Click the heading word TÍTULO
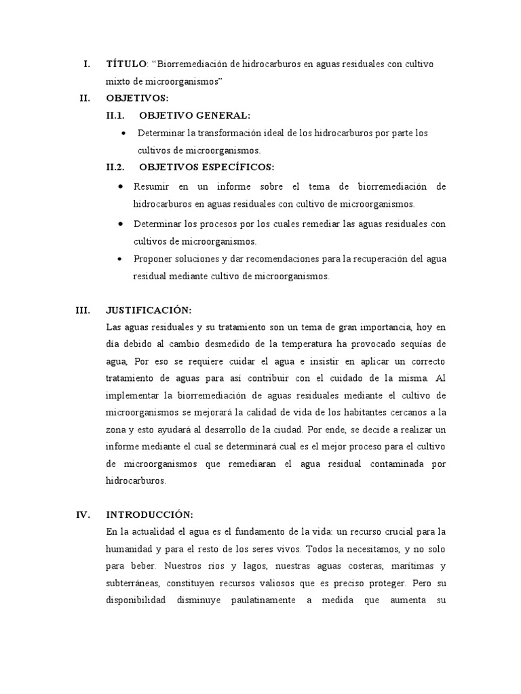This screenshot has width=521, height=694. (x=126, y=64)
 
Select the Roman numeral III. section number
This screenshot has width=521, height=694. (x=83, y=310)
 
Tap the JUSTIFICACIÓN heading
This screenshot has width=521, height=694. (x=149, y=310)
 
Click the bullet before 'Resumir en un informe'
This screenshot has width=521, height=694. (x=120, y=186)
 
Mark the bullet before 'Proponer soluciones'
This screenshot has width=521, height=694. (x=120, y=259)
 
